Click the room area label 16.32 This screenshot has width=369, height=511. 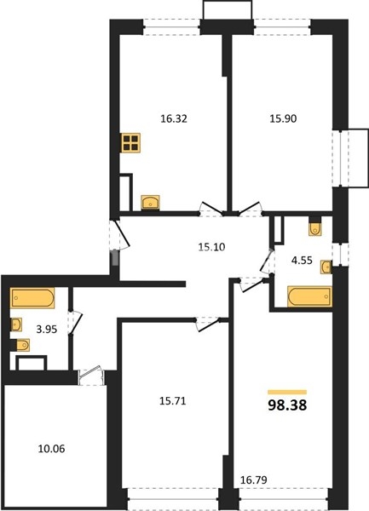174,118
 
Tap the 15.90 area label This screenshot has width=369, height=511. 283,118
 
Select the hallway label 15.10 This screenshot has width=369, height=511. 211,247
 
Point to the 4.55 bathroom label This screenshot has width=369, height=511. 302,261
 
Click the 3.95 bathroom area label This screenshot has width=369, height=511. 47,330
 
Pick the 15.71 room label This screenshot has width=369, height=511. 173,401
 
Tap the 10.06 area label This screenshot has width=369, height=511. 51,449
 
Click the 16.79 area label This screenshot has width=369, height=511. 254,479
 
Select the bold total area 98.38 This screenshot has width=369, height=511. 287,405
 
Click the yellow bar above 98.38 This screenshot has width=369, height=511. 287,392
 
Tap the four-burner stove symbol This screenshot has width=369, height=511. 130,143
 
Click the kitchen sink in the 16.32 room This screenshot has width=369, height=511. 150,203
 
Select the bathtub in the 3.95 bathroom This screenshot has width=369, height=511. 32,298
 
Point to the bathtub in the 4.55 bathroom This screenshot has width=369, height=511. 309,296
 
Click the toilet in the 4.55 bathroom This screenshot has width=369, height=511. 315,229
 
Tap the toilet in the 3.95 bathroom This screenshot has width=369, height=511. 23,345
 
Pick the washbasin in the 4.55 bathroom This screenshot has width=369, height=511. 326,267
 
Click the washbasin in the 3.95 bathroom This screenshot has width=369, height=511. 16,324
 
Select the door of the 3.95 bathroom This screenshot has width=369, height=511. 75,321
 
